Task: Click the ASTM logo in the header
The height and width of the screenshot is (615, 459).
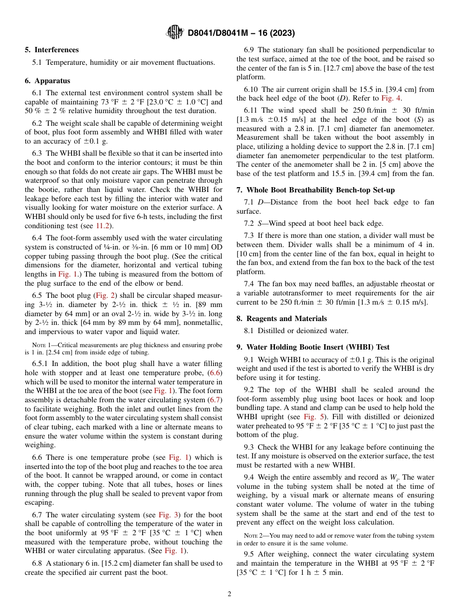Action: point(175,32)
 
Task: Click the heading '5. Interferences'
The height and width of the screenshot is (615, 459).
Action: point(52,49)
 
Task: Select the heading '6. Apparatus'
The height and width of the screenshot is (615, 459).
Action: point(47,81)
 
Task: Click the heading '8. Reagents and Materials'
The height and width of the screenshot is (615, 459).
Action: point(282,318)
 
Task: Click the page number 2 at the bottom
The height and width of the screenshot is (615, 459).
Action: point(229,594)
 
